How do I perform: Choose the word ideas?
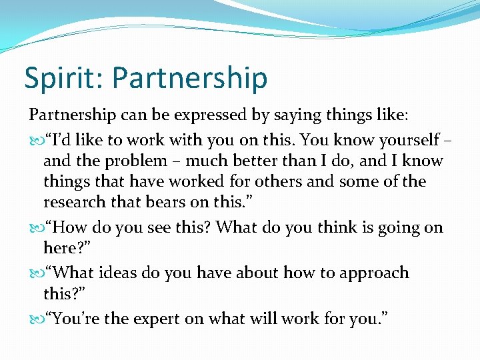tap(122, 273)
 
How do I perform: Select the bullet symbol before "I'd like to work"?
tap(35, 141)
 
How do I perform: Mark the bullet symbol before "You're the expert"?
tap(35, 319)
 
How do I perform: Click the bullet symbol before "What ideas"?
tap(35, 273)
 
